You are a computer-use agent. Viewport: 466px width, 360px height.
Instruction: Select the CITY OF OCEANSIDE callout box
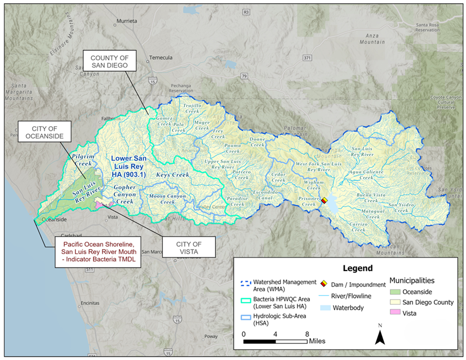coord(43,132)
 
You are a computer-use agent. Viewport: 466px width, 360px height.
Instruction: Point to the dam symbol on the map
coord(324,199)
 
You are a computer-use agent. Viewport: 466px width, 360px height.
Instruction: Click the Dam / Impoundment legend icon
coord(325,285)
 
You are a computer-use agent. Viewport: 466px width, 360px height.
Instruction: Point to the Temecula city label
coord(160,57)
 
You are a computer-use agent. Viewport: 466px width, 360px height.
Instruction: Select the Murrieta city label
coord(126,21)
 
